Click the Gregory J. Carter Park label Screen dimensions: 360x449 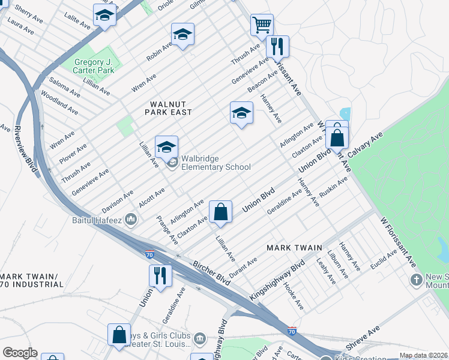(94, 66)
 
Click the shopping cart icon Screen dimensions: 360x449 (262, 25)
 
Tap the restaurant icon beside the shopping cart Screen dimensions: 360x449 (277, 46)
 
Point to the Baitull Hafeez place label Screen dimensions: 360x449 (106, 220)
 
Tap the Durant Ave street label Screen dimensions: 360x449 (243, 268)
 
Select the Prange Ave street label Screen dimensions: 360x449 (167, 230)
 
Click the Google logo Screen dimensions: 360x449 (20, 353)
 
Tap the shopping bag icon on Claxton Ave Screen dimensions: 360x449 (220, 212)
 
